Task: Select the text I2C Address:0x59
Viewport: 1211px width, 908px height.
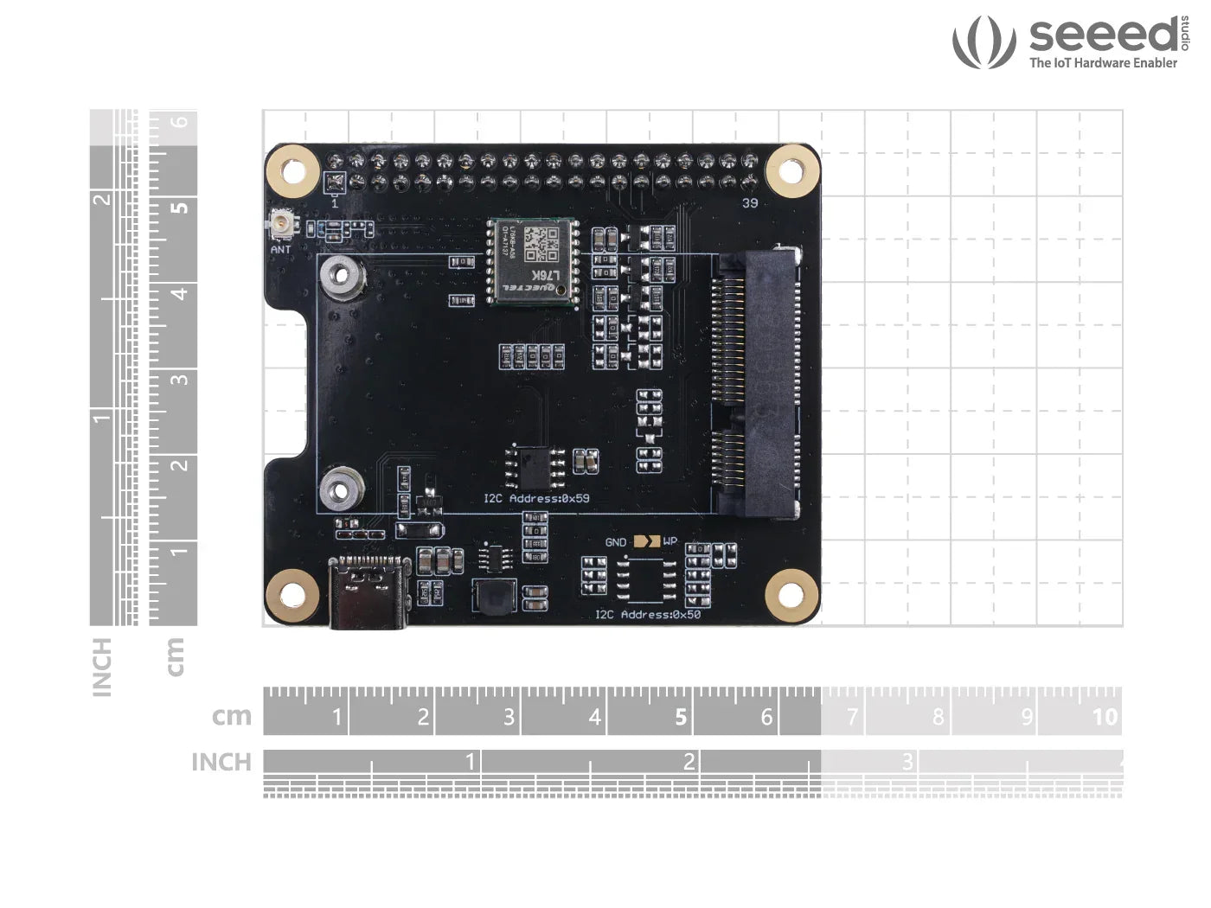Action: coord(536,498)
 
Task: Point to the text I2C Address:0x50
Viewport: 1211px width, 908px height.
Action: coord(648,614)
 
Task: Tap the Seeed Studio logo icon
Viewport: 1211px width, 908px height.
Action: coord(984,42)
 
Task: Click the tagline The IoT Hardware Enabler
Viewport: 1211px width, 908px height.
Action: coord(1103,62)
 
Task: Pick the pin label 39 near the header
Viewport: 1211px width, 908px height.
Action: coord(750,202)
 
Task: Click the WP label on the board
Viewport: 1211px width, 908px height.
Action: coord(670,542)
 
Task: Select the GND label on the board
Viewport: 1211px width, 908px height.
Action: coord(616,542)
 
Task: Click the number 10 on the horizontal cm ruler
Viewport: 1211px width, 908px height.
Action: coord(1105,716)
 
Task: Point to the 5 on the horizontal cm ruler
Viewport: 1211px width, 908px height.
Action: coord(681,716)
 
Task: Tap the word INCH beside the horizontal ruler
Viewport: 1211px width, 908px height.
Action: coord(221,762)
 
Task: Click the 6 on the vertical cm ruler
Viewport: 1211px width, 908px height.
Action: coord(179,122)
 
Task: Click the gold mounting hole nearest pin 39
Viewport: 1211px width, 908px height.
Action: coord(791,169)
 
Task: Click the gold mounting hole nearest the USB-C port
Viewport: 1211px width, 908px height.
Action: coord(292,595)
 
